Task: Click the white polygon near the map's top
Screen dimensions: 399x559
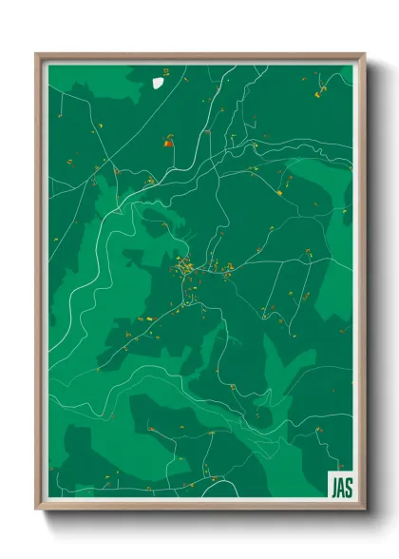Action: (x=159, y=82)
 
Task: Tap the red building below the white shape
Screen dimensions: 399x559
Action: (x=168, y=144)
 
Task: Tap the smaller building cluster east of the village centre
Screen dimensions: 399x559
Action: (x=228, y=272)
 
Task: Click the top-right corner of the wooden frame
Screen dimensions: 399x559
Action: (x=364, y=54)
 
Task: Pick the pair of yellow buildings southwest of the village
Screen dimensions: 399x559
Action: (x=147, y=318)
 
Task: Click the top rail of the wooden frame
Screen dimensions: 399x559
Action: (x=199, y=55)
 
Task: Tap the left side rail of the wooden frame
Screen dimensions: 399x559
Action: (x=39, y=285)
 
